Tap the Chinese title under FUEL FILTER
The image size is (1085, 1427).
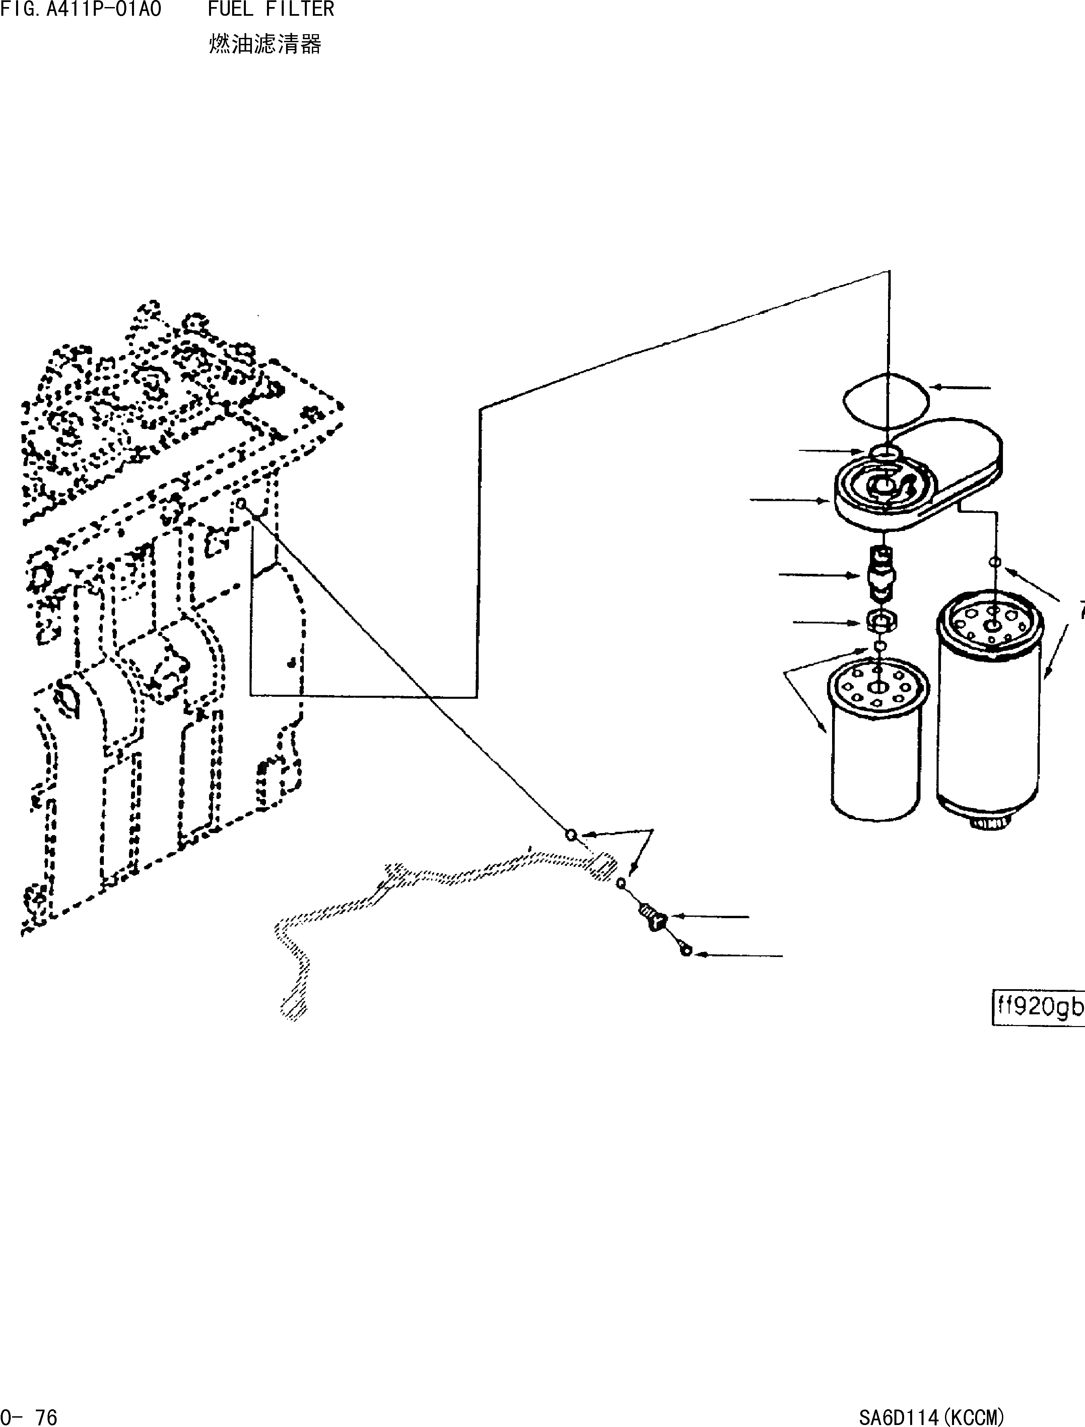pos(265,44)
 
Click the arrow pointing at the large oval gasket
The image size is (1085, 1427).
pos(961,388)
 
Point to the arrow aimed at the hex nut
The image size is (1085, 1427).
pos(830,622)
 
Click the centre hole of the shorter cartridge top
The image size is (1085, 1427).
pos(878,688)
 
